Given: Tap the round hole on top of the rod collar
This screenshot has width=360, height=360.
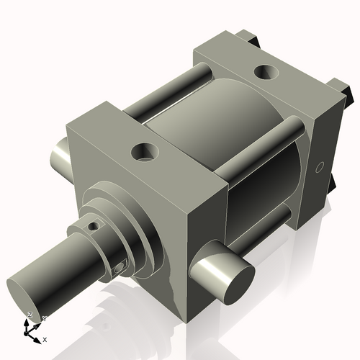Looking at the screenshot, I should [x=91, y=226].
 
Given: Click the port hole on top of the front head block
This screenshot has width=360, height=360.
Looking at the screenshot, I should [x=145, y=152].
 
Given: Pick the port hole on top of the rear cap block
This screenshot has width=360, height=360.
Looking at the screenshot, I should [x=266, y=72].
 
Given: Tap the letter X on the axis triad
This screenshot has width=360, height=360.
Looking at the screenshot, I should [x=45, y=338].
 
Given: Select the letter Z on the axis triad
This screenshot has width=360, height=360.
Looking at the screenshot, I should [x=30, y=315].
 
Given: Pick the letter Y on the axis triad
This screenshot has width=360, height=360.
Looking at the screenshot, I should [x=44, y=318].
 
